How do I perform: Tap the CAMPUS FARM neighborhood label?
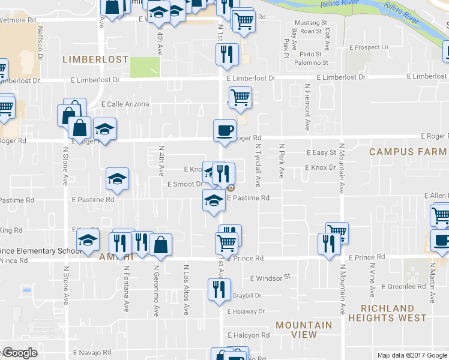click(409, 152)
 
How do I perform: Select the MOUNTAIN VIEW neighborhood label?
click(304, 330)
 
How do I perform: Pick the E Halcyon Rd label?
click(249, 335)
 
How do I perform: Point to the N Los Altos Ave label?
click(187, 290)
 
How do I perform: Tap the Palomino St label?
click(313, 62)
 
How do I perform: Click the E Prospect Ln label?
click(370, 47)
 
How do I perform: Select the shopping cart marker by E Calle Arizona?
click(240, 97)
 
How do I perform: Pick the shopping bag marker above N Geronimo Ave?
click(161, 245)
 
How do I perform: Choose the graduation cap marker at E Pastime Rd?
click(214, 200)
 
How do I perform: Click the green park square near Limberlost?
click(141, 67)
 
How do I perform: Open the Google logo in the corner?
click(20, 353)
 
